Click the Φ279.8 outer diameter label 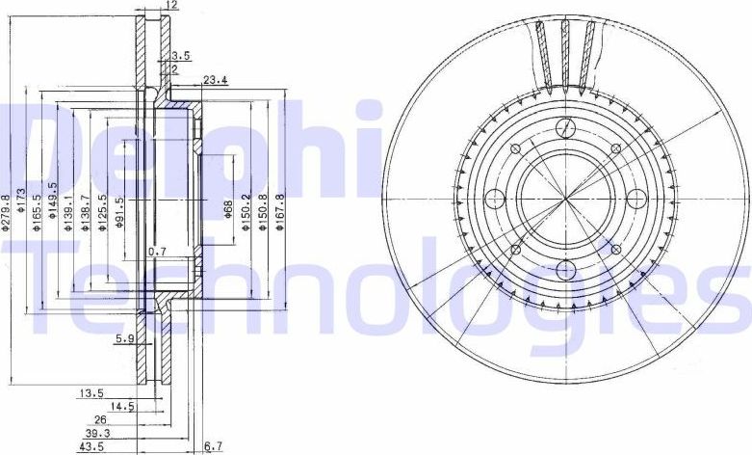point(7,211)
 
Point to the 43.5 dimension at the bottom point(92,447)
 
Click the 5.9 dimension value point(123,338)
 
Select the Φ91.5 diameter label point(119,211)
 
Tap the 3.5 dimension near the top point(179,56)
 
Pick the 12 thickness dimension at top point(172,6)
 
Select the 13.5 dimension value point(91,393)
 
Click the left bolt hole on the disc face point(496,200)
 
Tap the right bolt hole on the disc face point(635,199)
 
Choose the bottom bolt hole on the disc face point(566,269)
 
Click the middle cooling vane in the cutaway point(566,53)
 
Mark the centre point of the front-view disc point(566,200)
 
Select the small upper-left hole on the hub point(516,148)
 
